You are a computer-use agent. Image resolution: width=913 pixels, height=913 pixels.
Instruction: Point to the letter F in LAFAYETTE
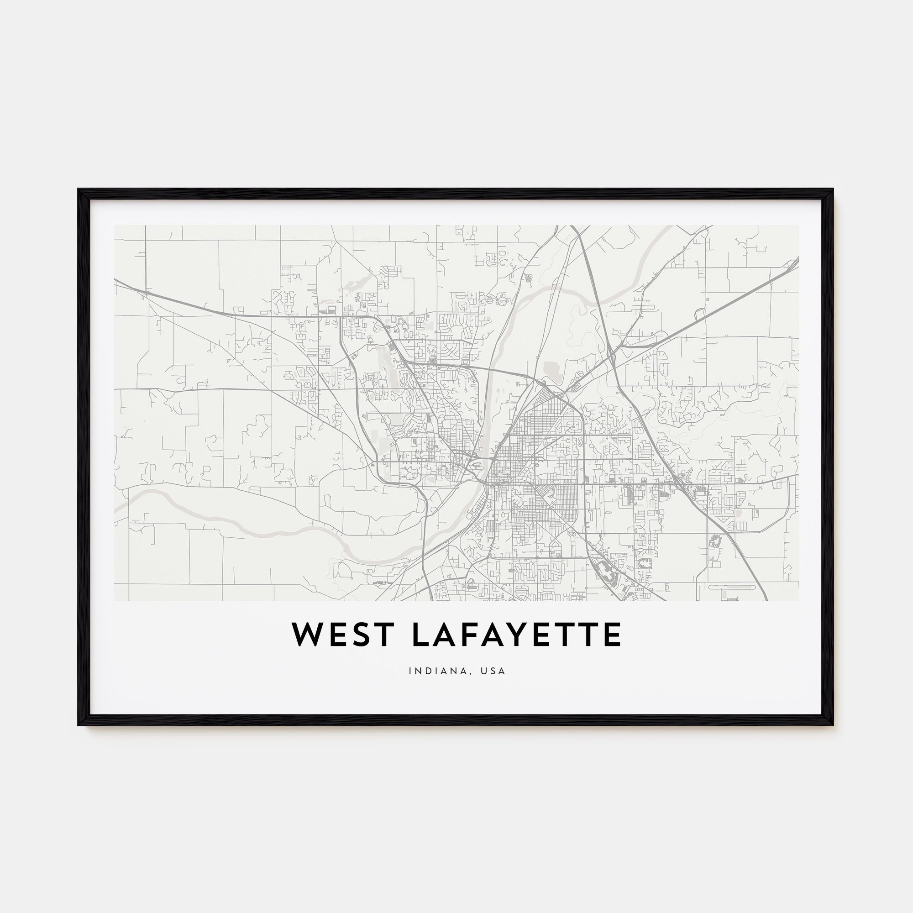pos(480,635)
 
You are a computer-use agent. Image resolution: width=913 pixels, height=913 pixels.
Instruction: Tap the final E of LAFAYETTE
pos(613,635)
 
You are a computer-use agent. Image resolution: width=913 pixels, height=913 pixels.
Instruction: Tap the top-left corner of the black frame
pos(79,190)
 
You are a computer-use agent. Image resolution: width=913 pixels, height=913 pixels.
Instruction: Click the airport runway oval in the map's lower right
pos(735,587)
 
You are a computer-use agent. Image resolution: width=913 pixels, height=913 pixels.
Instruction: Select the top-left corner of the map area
pos(115,226)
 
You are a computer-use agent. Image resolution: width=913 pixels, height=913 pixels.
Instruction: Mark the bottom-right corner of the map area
pos(798,601)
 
